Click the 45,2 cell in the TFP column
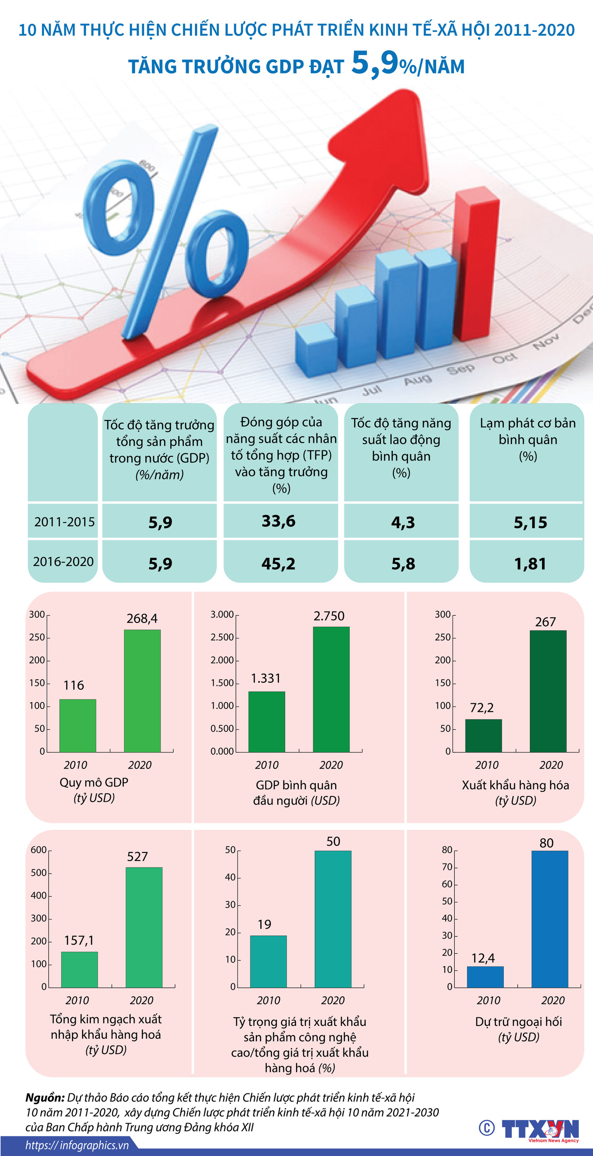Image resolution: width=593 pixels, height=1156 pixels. (x=278, y=564)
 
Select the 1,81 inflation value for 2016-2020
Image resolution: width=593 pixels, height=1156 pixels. (x=530, y=564)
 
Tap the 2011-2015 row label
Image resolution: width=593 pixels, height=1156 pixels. (x=64, y=522)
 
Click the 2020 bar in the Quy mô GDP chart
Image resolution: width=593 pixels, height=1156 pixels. (x=142, y=690)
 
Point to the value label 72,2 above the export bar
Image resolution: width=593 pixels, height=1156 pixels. (x=482, y=708)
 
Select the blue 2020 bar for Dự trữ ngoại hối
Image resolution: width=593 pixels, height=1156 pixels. (x=550, y=918)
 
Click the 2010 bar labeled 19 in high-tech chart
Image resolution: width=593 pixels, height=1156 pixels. (x=268, y=961)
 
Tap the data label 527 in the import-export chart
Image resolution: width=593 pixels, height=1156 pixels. (x=137, y=857)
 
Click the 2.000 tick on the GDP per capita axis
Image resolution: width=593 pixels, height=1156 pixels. (x=222, y=660)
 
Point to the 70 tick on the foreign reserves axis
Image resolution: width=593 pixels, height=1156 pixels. (x=447, y=867)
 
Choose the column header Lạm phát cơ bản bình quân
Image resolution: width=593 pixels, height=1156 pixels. (x=528, y=439)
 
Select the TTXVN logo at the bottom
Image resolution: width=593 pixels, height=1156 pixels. (x=540, y=1129)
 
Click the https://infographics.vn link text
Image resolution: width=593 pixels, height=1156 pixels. (x=77, y=1145)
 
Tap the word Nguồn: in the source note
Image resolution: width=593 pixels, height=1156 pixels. (x=45, y=1097)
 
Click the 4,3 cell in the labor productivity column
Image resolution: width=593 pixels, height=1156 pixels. (x=403, y=522)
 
